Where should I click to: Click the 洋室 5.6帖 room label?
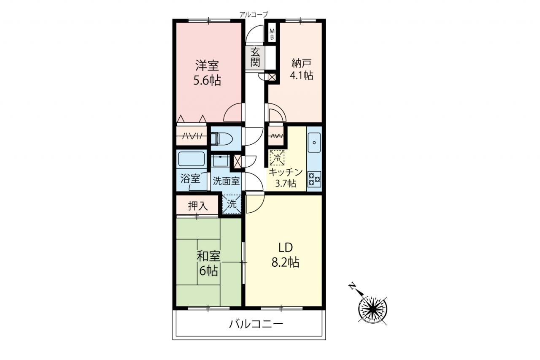point(207,73)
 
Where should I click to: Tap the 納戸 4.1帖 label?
point(301,69)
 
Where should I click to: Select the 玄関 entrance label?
point(255,57)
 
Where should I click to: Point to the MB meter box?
point(272,34)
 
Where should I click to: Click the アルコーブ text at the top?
point(254,15)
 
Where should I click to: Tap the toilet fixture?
point(221,138)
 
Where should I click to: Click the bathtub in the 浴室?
point(191,159)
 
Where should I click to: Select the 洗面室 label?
point(226,181)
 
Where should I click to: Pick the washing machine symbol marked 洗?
point(232,204)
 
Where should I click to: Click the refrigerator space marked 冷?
point(277,158)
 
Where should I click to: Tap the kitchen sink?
point(314,143)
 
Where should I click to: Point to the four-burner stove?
point(314,179)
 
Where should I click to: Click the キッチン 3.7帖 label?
point(286,178)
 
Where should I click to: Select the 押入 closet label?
point(198,206)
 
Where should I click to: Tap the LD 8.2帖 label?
point(286,255)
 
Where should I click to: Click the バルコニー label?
point(256,325)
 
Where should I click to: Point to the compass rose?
point(373,309)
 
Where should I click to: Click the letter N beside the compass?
point(352,286)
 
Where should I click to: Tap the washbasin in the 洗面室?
point(220,160)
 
